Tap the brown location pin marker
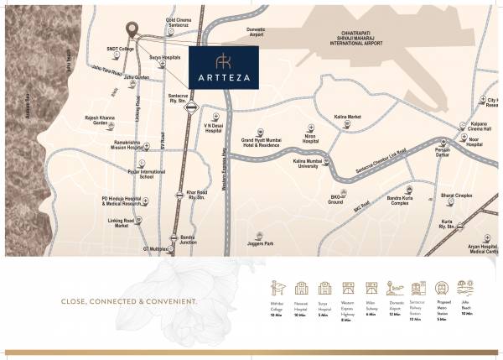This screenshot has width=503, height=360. pyautogui.click(x=132, y=28)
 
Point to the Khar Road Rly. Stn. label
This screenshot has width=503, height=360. pyautogui.click(x=196, y=195)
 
